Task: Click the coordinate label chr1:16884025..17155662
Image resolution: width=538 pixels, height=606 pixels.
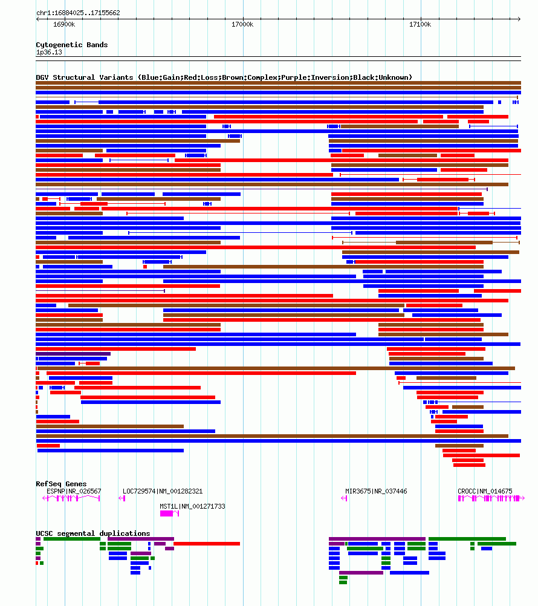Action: coord(78,13)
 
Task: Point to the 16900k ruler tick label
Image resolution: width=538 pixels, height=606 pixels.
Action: coord(64,24)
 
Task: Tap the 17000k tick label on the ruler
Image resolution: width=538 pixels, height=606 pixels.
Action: coord(242,24)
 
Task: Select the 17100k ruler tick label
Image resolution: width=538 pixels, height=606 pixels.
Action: coord(420,24)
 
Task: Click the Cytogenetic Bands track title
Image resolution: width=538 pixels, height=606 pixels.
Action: coord(71,45)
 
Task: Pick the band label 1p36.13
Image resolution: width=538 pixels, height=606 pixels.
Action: coord(49,52)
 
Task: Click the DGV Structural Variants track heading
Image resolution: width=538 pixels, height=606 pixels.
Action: coord(224,77)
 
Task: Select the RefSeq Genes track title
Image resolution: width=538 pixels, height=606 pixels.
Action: coord(61,484)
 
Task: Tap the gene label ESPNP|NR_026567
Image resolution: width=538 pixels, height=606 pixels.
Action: coord(74,491)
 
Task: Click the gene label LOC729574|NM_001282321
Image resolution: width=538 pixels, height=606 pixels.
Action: coord(163,491)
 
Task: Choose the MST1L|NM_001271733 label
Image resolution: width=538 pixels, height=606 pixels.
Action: coord(192,506)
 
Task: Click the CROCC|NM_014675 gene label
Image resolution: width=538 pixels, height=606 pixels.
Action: coord(485,491)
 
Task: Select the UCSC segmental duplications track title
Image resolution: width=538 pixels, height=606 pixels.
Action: coord(92,533)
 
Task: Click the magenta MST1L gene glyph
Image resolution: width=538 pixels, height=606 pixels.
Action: coord(167,513)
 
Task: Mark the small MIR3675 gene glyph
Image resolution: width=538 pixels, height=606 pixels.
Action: coord(345,498)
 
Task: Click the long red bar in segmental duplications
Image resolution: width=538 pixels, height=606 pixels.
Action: coord(207,544)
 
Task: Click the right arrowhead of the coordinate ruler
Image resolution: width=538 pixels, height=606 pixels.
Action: coord(519,19)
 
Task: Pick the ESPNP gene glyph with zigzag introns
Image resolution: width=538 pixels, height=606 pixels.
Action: coord(73,498)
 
